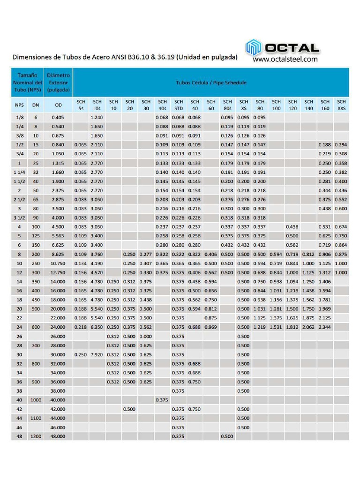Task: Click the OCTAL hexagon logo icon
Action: [x=254, y=48]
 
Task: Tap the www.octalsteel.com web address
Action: [x=285, y=60]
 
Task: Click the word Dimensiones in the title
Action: [x=34, y=57]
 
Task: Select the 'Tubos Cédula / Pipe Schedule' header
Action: [x=211, y=82]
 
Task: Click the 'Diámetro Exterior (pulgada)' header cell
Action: [x=59, y=82]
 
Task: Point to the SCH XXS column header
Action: [x=341, y=105]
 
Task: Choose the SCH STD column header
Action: [x=179, y=105]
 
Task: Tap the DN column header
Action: [x=36, y=105]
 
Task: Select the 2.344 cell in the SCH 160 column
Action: [x=325, y=327]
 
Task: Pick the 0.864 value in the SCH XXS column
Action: [x=341, y=245]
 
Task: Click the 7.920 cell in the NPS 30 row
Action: [x=97, y=354]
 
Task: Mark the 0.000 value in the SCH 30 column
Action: [x=146, y=336]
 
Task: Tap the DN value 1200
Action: [x=36, y=436]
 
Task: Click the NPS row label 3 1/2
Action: [x=19, y=217]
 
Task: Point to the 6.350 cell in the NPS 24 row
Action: [x=97, y=327]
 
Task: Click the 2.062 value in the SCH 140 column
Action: [x=308, y=327]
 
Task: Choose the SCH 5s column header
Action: [x=81, y=105]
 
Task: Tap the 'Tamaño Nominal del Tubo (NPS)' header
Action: [x=27, y=82]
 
